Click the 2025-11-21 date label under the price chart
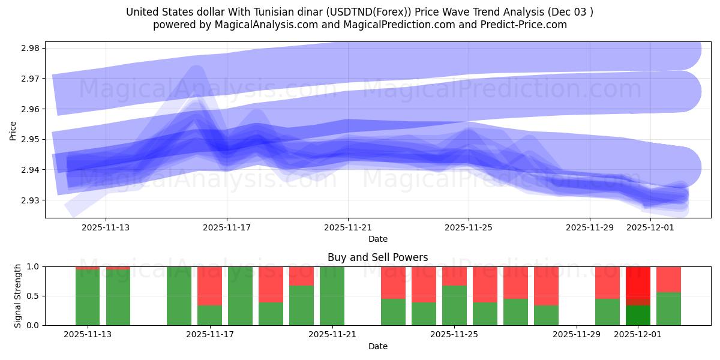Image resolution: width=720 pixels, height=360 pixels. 348,227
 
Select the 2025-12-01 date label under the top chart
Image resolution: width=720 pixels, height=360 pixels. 650,227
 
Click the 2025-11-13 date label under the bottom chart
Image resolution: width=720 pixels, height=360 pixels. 88,335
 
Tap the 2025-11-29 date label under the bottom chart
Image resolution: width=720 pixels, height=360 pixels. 577,335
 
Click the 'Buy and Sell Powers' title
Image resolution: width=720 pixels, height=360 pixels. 378,257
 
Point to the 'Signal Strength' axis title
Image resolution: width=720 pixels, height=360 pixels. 18,296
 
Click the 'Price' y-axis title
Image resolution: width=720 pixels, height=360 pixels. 13,130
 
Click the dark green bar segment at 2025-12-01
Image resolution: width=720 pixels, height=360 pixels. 638,315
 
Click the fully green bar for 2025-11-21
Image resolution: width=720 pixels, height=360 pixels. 332,296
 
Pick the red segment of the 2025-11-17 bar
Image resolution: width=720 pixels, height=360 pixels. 210,286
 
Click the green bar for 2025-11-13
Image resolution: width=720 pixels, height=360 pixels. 88,297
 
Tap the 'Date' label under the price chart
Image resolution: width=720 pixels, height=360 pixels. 378,239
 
